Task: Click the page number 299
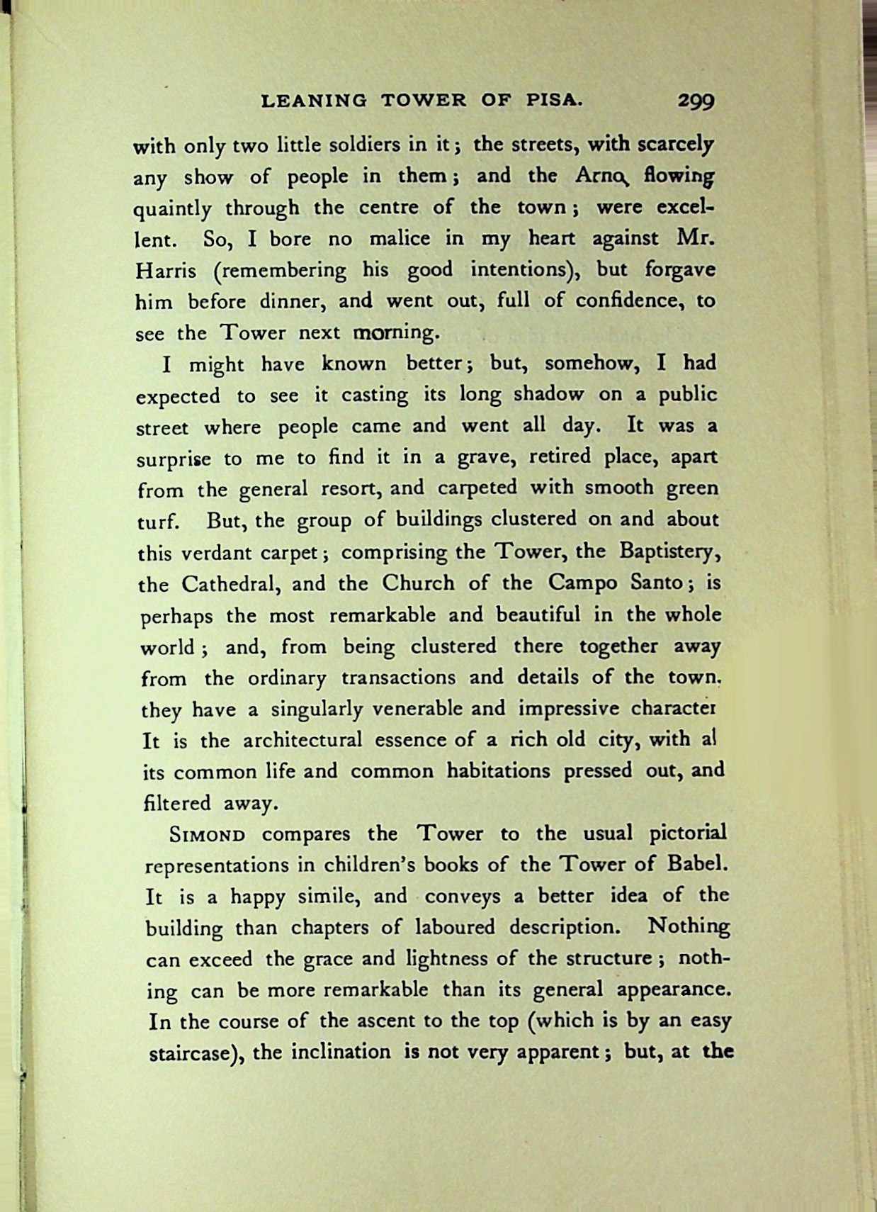click(696, 101)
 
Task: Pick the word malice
click(399, 239)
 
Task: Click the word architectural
click(302, 741)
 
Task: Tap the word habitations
click(498, 771)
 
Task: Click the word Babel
click(697, 865)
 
